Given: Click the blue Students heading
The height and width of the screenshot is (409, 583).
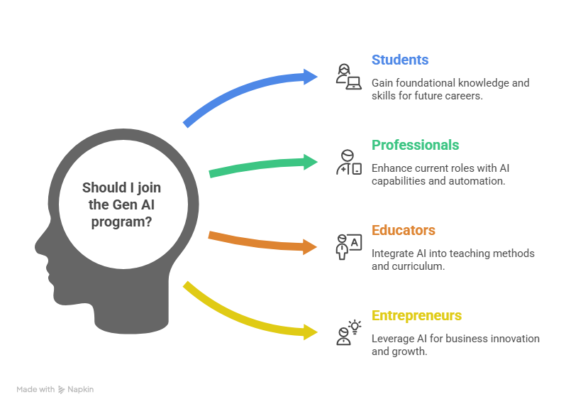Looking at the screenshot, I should pos(400,60).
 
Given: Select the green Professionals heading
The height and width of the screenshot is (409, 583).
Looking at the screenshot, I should pos(416,146).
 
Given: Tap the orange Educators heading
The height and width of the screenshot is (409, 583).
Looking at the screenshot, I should pos(404,231).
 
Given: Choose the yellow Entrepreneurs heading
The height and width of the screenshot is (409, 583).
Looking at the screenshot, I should pos(417,316).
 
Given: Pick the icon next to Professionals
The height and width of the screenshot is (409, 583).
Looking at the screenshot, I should pos(348,162).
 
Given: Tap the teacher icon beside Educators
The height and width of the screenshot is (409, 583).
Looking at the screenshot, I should pos(348,246).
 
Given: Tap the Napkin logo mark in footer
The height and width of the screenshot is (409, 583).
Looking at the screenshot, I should pos(62,390).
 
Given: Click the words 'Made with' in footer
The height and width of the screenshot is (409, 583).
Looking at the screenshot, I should pos(35,390).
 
